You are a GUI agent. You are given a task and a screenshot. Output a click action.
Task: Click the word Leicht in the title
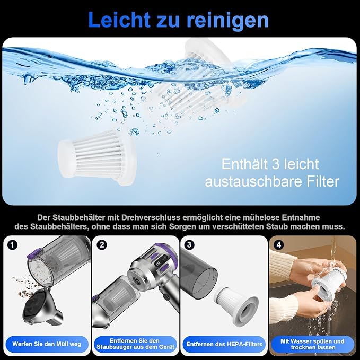pos(119,20)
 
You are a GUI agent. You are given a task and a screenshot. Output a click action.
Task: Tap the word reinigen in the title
pos(227,20)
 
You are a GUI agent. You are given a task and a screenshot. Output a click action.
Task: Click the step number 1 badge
pos(13,245)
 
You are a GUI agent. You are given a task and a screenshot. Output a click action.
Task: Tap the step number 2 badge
pos(101,245)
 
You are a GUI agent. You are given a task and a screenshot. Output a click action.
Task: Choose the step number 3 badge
pos(189,245)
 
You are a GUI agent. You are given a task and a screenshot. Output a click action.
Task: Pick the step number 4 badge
pos(278,245)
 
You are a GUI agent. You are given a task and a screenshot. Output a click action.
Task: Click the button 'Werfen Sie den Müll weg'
pos(47,344)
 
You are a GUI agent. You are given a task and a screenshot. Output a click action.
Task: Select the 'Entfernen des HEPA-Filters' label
pos(224,344)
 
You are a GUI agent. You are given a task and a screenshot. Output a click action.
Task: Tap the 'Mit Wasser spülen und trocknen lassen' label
pos(312,344)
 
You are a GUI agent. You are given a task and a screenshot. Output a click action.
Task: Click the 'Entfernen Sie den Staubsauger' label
pos(135,344)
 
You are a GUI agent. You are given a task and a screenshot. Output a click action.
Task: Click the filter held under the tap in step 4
pos(328,283)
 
